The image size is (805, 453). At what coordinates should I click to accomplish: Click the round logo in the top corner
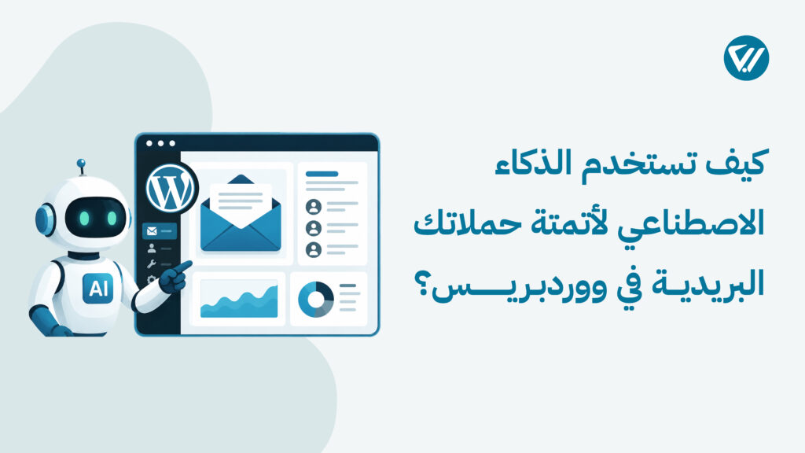746,58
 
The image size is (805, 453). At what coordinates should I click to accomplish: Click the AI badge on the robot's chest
98,288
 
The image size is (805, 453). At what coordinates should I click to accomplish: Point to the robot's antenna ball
81,164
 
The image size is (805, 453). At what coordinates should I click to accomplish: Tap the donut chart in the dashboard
315,299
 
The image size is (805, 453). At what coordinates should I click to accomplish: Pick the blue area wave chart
239,301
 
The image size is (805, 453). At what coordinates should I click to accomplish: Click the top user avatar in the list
313,207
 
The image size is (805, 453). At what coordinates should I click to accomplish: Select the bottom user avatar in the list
313,249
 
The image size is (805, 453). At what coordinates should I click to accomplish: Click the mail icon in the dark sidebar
152,231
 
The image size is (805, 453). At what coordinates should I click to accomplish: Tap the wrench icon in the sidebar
152,264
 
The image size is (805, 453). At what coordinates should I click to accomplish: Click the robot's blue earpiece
45,220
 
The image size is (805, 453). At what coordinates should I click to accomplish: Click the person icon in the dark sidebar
152,248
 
